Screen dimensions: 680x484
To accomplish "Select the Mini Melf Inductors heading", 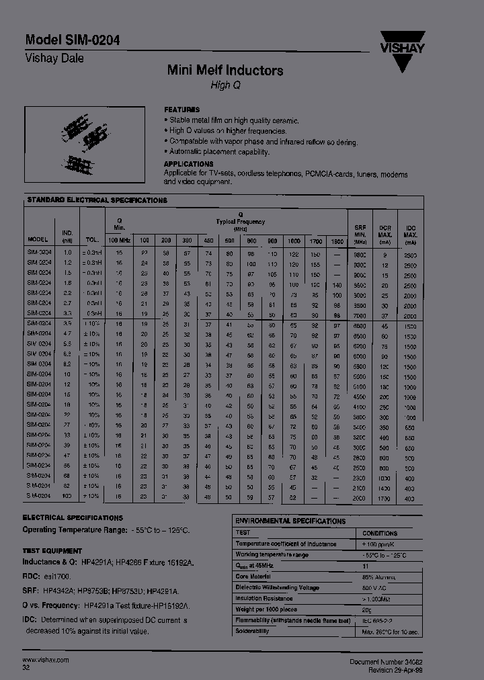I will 225,71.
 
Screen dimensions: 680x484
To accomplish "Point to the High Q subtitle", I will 225,85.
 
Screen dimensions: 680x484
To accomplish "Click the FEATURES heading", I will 182,110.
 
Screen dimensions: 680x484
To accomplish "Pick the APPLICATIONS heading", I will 189,164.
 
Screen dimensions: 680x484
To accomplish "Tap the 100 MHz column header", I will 120,240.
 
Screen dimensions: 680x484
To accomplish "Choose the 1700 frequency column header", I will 315,241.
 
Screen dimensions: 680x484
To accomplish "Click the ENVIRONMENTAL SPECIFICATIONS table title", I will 290,521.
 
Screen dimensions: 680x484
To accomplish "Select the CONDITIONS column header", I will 381,532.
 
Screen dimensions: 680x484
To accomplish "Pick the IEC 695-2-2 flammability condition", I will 381,621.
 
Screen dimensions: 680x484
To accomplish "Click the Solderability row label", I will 253,632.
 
